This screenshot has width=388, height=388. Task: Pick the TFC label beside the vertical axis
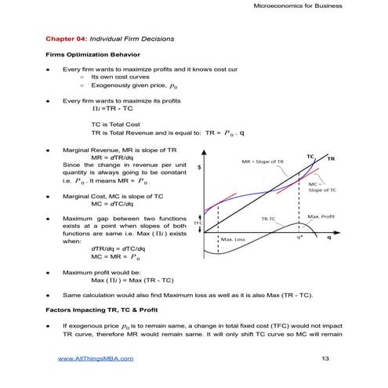pyautogui.click(x=198, y=223)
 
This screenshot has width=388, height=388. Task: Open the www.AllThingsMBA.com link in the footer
pyautogui.click(x=96, y=358)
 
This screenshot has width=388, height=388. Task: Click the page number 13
pyautogui.click(x=326, y=358)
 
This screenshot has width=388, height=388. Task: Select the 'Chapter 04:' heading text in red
pyautogui.click(x=67, y=38)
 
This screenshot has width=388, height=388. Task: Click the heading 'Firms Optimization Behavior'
pyautogui.click(x=92, y=55)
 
